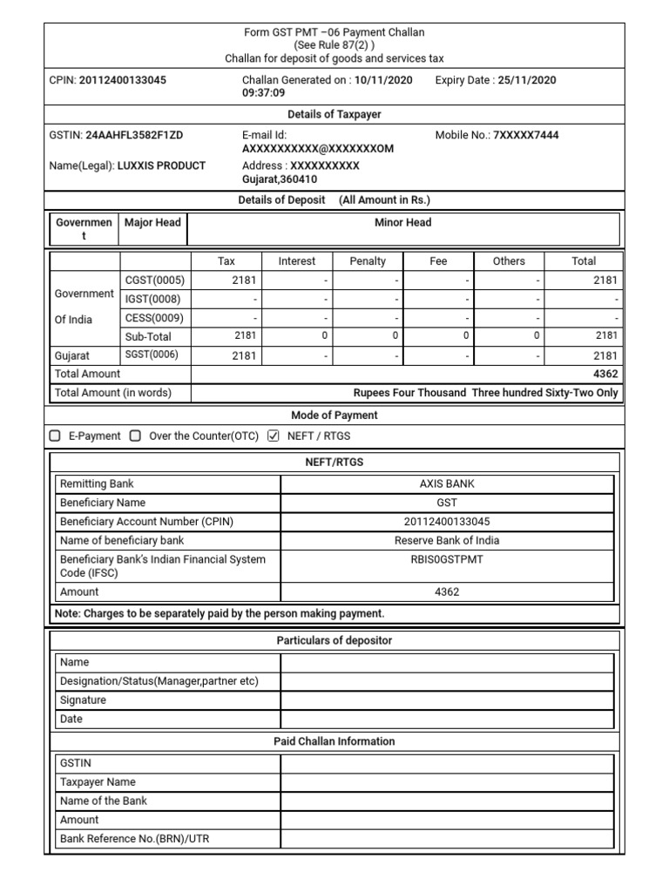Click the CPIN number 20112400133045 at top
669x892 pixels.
(x=123, y=80)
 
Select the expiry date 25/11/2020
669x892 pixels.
(x=526, y=80)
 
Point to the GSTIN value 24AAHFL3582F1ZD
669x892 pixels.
(x=134, y=136)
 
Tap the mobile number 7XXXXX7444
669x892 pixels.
(x=526, y=136)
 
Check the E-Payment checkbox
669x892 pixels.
(x=56, y=436)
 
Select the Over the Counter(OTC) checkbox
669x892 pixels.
(x=135, y=436)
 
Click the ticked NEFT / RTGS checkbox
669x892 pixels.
(x=273, y=436)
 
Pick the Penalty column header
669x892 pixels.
(x=367, y=261)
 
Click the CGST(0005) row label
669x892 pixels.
(x=155, y=280)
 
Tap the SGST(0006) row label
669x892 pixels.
(x=155, y=355)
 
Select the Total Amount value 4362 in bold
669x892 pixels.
(x=605, y=374)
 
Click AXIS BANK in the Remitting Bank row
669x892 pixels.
(x=447, y=484)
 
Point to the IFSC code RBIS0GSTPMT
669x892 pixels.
(x=447, y=559)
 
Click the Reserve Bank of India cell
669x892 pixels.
(x=447, y=540)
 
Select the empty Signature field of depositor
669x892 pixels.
(x=447, y=700)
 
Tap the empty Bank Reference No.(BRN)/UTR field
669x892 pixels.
(x=447, y=839)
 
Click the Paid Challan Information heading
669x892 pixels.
(x=335, y=741)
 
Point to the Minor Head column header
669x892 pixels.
(x=402, y=223)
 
